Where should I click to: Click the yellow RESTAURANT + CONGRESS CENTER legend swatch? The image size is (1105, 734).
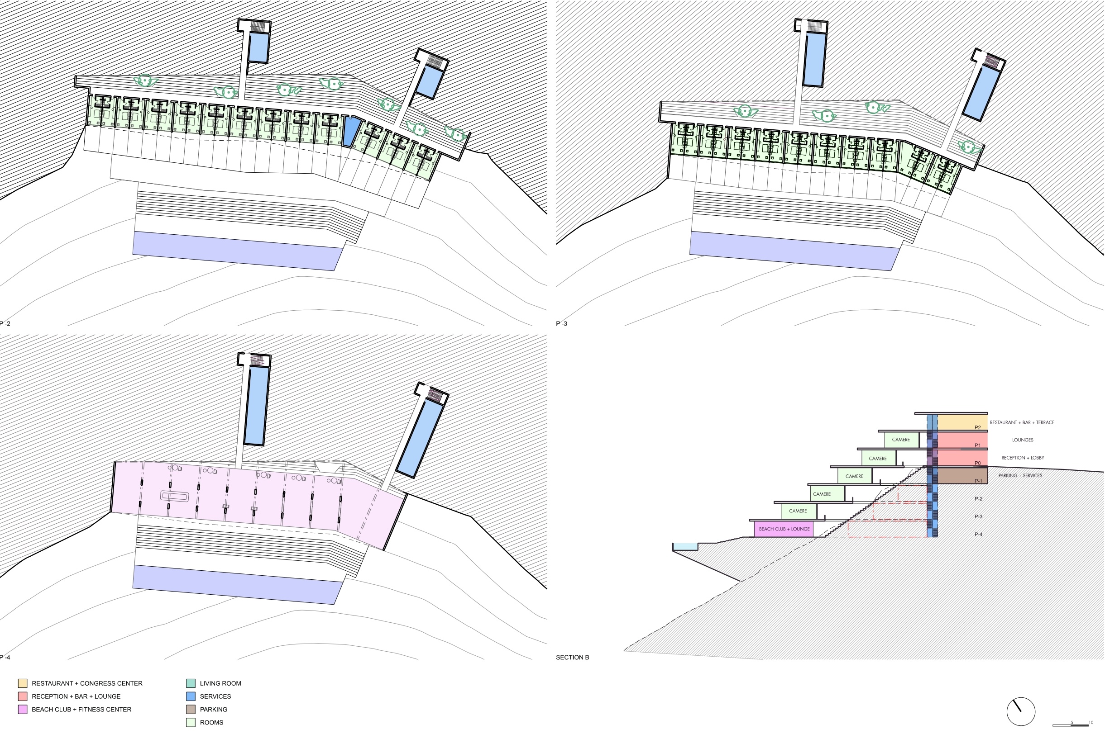point(23,683)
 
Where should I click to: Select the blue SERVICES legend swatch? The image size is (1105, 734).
point(191,696)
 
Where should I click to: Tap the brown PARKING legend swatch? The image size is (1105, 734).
point(191,709)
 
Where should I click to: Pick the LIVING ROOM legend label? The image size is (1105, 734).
point(220,683)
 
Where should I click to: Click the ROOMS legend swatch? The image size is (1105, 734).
point(191,722)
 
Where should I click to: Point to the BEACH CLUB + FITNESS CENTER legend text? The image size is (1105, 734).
point(81,709)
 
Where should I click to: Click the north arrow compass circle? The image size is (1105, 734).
point(1021,711)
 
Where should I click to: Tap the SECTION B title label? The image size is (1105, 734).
point(572,657)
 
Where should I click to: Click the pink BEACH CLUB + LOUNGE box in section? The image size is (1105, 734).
point(784,529)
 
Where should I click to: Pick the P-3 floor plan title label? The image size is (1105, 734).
point(562,323)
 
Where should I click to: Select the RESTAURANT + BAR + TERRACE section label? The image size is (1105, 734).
point(1022,422)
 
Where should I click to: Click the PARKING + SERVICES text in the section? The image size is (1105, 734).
point(1020,476)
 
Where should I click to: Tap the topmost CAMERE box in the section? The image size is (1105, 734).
point(901,440)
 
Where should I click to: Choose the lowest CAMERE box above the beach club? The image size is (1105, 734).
point(798,511)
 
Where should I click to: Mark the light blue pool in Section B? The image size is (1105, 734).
point(685,546)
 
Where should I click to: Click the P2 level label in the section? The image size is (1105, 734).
point(978,427)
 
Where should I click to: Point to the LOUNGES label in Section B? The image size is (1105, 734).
point(1023,440)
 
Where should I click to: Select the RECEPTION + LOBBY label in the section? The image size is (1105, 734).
point(1023,458)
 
